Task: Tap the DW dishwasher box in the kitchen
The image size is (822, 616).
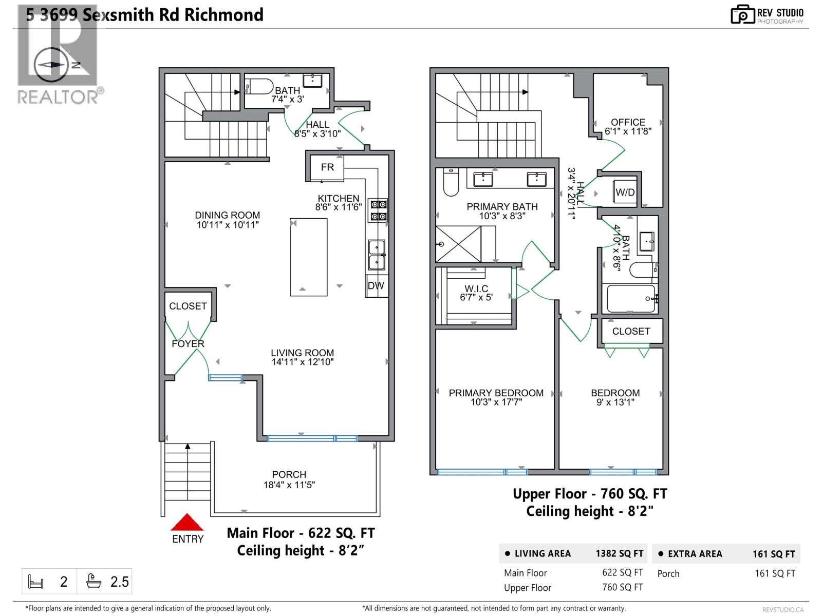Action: pos(376,286)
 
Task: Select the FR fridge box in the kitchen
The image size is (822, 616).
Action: pos(327,167)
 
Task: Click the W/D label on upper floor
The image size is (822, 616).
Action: pos(625,192)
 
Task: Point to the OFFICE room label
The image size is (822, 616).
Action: pos(628,122)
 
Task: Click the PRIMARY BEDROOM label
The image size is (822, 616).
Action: pos(496,393)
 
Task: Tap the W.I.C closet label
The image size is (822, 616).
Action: pos(476,289)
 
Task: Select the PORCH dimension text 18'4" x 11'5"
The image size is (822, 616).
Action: pos(289,485)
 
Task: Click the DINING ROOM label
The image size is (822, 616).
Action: pos(227,215)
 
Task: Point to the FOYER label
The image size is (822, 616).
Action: pos(188,344)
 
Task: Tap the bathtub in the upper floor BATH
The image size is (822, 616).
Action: pos(631,299)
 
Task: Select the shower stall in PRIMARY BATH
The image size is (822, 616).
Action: pos(458,244)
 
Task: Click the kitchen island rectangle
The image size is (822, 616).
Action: pos(309,257)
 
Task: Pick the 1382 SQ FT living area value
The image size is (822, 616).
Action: pos(619,554)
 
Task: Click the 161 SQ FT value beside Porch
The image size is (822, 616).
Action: pos(774,573)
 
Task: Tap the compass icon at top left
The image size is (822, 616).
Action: pos(50,65)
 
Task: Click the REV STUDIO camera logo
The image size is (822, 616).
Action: pos(742,14)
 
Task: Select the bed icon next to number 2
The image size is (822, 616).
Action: pos(35,582)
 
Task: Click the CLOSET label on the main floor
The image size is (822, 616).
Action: pos(188,306)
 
